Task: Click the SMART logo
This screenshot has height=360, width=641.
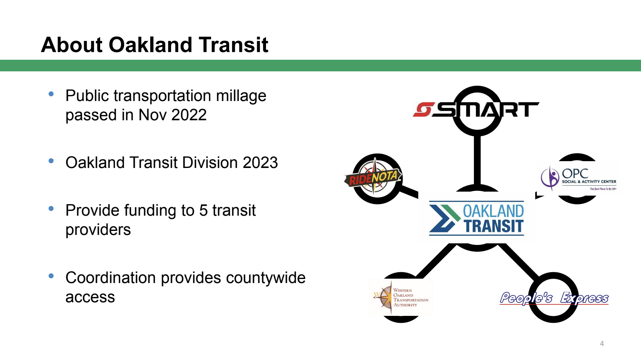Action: tap(476, 109)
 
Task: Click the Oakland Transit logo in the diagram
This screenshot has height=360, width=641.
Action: tap(476, 218)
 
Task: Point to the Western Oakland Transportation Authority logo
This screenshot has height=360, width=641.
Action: tap(401, 297)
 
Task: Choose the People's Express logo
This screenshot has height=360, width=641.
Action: tap(554, 298)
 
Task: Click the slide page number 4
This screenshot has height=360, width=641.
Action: tap(602, 344)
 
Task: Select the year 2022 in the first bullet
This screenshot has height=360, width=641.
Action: tap(189, 115)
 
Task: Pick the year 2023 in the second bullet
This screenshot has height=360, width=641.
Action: tap(260, 162)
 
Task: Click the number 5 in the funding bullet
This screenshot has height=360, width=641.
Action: tap(203, 210)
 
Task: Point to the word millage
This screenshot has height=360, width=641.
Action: tap(241, 96)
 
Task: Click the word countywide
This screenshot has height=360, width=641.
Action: tap(266, 278)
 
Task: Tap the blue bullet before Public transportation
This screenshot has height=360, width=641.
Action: tap(51, 94)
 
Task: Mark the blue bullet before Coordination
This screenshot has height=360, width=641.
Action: tap(51, 276)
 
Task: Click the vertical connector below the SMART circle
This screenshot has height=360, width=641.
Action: tap(477, 160)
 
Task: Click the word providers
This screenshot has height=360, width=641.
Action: tap(98, 230)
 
